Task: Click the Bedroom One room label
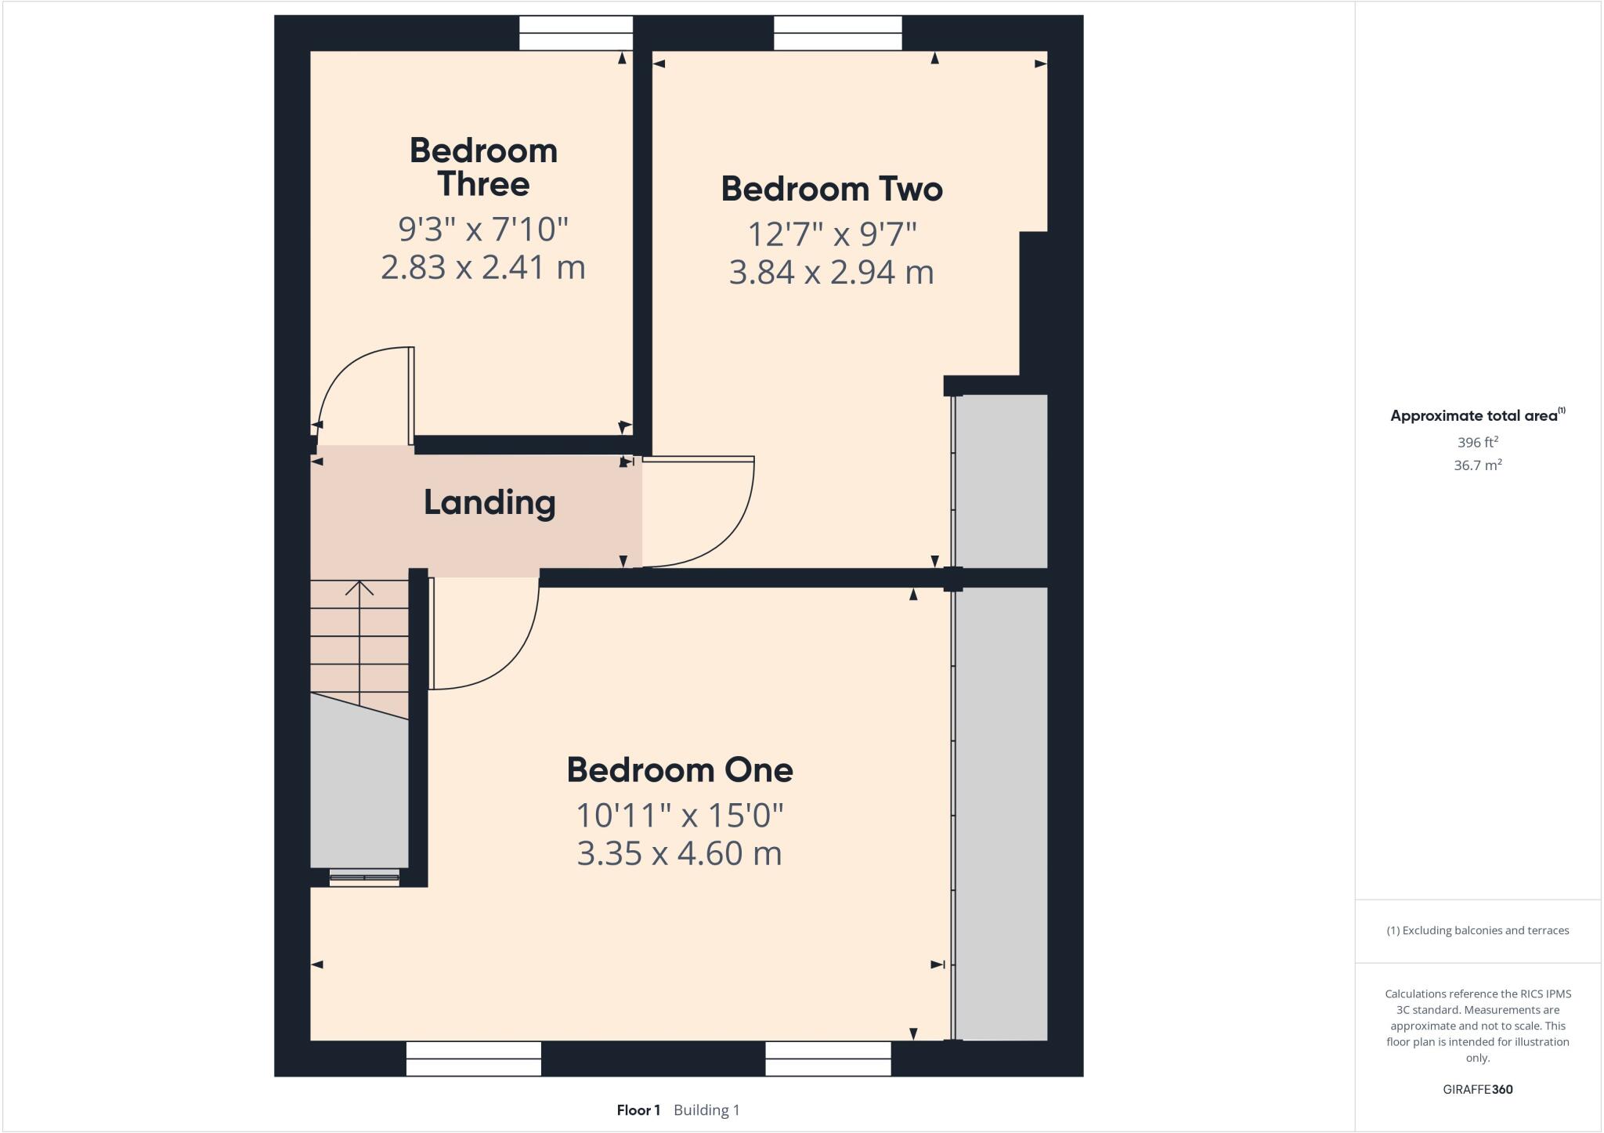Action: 679,770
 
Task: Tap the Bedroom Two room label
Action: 831,189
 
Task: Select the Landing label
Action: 490,502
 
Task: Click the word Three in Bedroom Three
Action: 483,185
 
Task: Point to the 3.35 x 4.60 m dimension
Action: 679,853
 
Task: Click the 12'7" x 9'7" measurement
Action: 831,234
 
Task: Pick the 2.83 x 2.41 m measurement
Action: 483,267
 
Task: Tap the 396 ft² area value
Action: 1477,443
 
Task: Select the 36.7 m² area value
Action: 1477,465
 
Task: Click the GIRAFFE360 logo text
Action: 1477,1089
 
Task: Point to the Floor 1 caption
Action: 638,1110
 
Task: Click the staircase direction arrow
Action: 359,588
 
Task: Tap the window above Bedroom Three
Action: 576,33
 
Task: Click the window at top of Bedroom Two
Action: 837,33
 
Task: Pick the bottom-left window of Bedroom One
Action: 473,1059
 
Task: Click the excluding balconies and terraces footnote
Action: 1477,931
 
